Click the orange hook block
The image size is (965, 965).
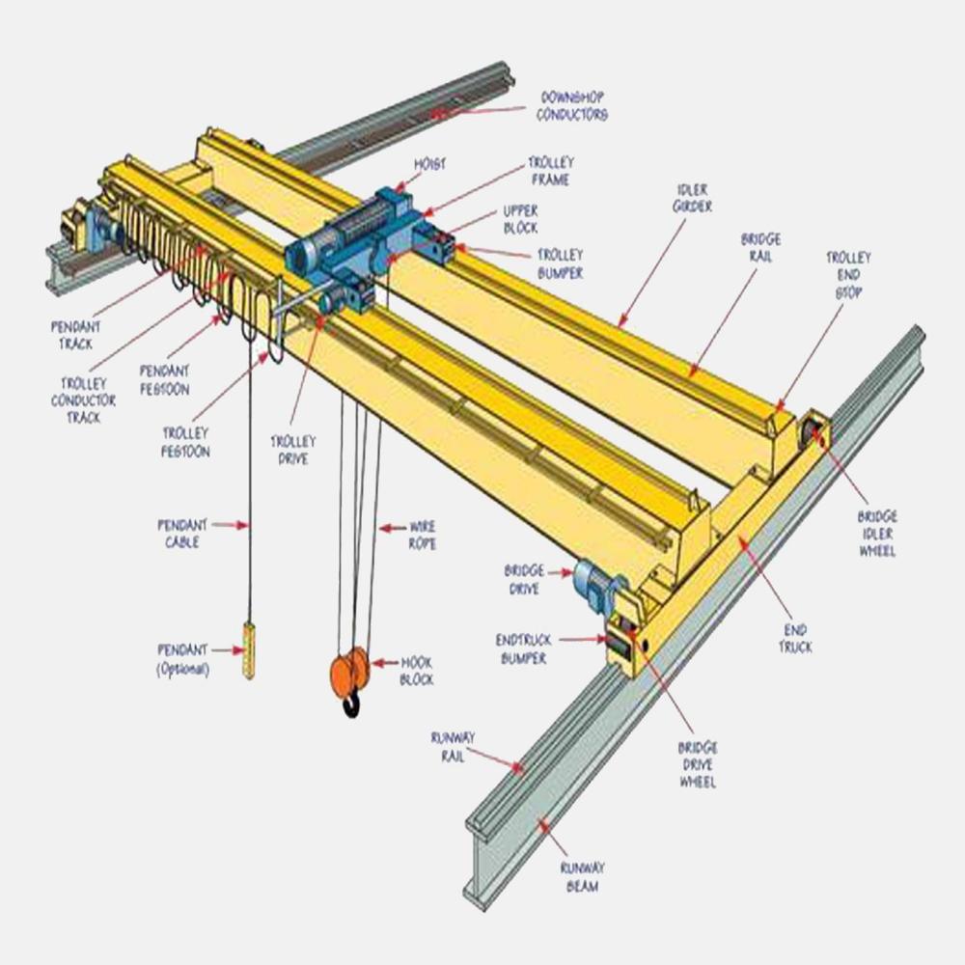(x=349, y=670)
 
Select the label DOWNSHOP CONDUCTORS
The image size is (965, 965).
(x=573, y=106)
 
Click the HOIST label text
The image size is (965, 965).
(x=431, y=165)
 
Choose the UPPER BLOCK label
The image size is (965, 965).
(x=520, y=218)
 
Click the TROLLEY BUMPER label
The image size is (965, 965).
(x=560, y=263)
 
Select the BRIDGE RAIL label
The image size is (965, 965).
(x=760, y=247)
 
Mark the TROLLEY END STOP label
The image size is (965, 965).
(x=847, y=274)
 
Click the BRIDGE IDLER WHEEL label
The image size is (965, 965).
(x=877, y=534)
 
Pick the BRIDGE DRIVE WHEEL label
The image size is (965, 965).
(x=697, y=764)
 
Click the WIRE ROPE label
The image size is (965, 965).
(x=422, y=536)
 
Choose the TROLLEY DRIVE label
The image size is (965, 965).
(x=292, y=450)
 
